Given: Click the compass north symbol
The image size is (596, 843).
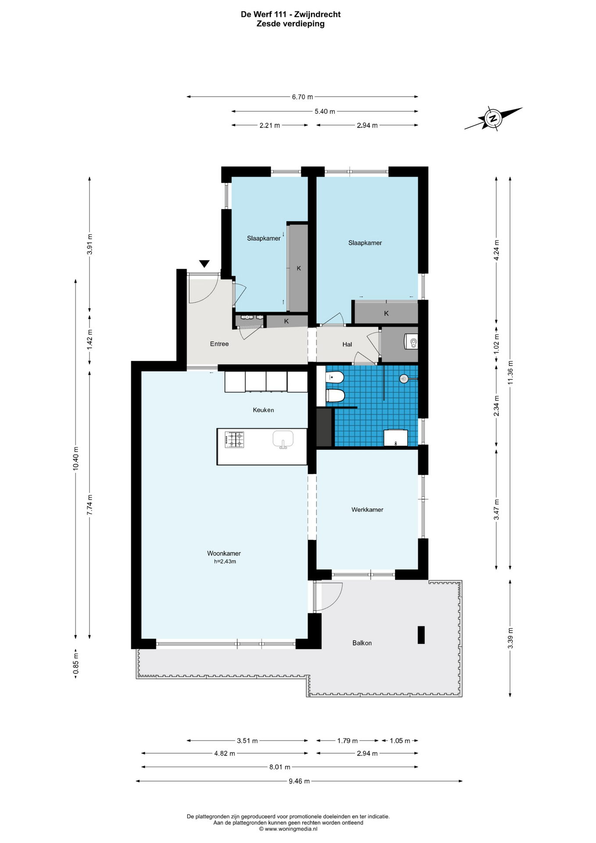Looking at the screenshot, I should click(x=493, y=118).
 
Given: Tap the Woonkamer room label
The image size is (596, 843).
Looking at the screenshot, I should click(x=224, y=553).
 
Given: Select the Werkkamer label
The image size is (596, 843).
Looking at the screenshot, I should click(x=367, y=510).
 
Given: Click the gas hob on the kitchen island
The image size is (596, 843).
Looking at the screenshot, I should click(x=234, y=440).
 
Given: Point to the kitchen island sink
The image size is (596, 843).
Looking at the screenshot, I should click(x=283, y=439).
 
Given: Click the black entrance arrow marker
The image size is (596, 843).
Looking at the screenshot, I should click(x=204, y=264).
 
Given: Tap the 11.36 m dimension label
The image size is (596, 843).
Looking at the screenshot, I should click(x=510, y=372).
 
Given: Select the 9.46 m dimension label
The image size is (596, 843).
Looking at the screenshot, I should click(x=299, y=781).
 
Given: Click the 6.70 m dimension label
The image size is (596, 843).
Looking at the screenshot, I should click(x=302, y=97).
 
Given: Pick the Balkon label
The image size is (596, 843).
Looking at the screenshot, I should click(x=362, y=643).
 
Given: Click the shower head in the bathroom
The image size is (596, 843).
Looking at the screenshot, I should click(x=403, y=378).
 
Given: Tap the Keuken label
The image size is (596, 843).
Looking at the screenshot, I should click(x=263, y=410).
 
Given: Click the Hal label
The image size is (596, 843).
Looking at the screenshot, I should click(x=347, y=344).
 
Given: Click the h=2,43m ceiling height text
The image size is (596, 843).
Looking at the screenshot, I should click(x=225, y=562).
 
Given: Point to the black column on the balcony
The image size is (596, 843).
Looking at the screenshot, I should click(x=421, y=634).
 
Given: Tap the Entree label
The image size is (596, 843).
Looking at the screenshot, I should click(x=219, y=344).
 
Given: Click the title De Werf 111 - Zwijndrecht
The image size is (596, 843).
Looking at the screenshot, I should click(x=291, y=14).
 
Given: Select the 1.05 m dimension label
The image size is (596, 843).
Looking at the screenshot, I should click(x=399, y=741).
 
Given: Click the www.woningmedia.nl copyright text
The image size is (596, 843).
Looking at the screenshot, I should click(x=288, y=829).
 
